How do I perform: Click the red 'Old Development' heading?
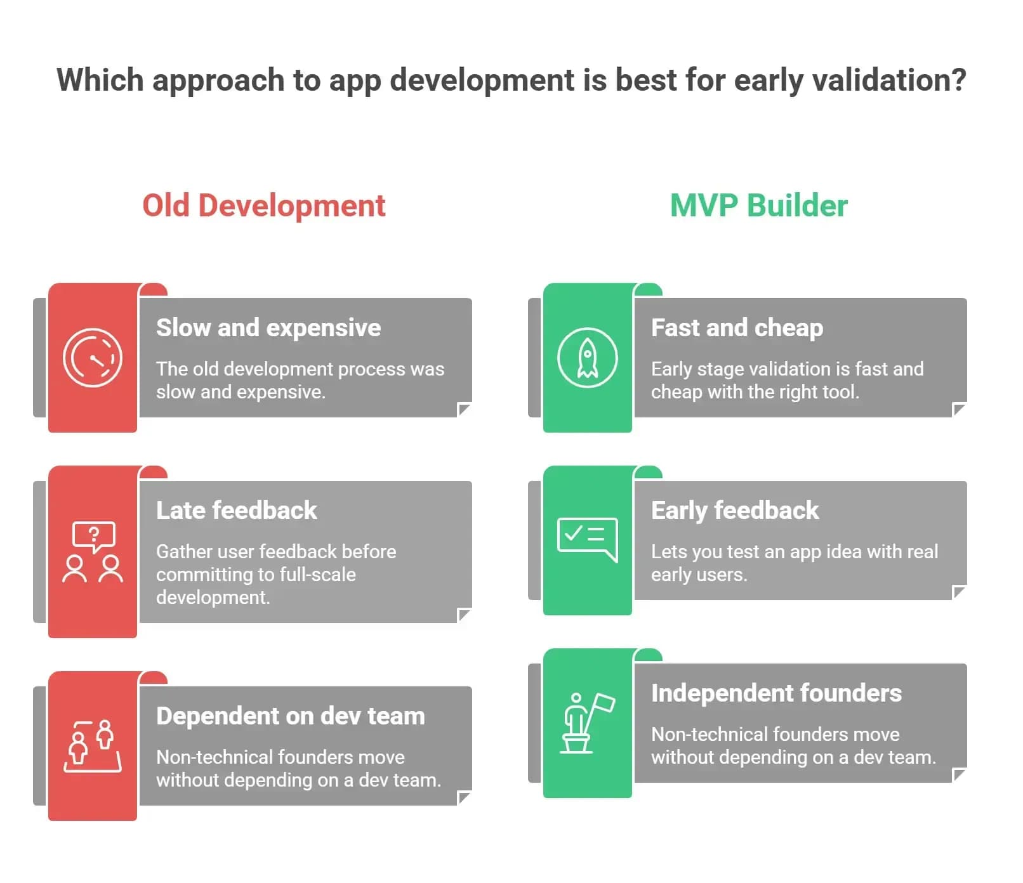click(263, 206)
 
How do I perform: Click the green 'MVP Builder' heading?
click(759, 206)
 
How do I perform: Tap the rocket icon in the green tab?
click(587, 358)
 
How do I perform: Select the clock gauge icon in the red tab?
click(93, 358)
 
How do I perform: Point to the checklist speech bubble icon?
click(587, 539)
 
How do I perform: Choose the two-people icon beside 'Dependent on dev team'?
click(93, 746)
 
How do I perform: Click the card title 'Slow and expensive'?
click(268, 328)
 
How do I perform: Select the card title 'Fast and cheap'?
click(737, 328)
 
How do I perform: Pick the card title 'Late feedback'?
click(237, 511)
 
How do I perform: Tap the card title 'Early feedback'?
click(735, 511)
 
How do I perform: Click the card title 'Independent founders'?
click(776, 693)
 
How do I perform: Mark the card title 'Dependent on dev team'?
click(291, 716)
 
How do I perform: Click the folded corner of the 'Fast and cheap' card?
click(960, 410)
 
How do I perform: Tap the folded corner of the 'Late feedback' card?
click(465, 615)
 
